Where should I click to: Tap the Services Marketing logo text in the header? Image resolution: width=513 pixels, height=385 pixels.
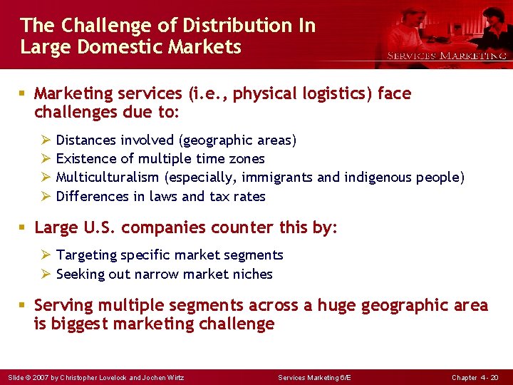tap(447, 56)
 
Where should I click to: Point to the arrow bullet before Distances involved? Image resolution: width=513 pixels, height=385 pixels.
tap(44, 140)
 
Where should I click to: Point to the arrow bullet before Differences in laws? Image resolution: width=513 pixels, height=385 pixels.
tap(44, 196)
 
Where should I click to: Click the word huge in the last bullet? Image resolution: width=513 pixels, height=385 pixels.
tap(336, 306)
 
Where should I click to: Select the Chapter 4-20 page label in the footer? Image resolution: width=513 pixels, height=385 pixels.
tap(475, 377)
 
